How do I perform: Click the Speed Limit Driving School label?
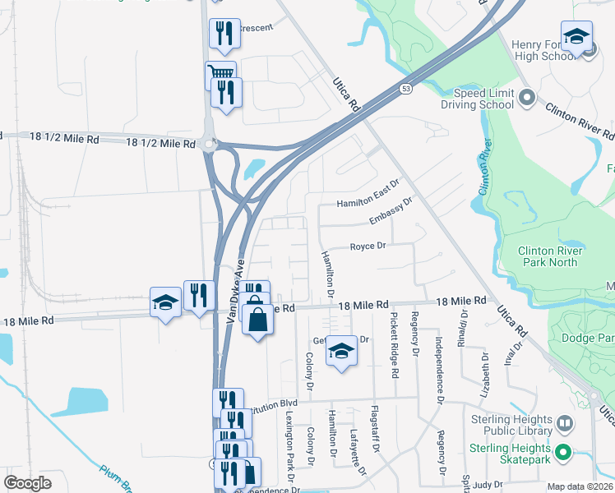pyautogui.click(x=483, y=99)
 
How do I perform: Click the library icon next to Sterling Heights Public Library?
pyautogui.click(x=565, y=425)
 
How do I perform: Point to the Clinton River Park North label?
pyautogui.click(x=550, y=257)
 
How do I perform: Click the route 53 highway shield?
pyautogui.click(x=406, y=89)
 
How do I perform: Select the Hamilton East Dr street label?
pyautogui.click(x=368, y=202)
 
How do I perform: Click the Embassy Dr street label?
pyautogui.click(x=390, y=215)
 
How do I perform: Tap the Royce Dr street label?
pyautogui.click(x=368, y=246)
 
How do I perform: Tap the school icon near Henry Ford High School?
pyautogui.click(x=577, y=36)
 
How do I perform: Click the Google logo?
pyautogui.click(x=27, y=483)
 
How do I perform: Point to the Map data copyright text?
pyautogui.click(x=580, y=486)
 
